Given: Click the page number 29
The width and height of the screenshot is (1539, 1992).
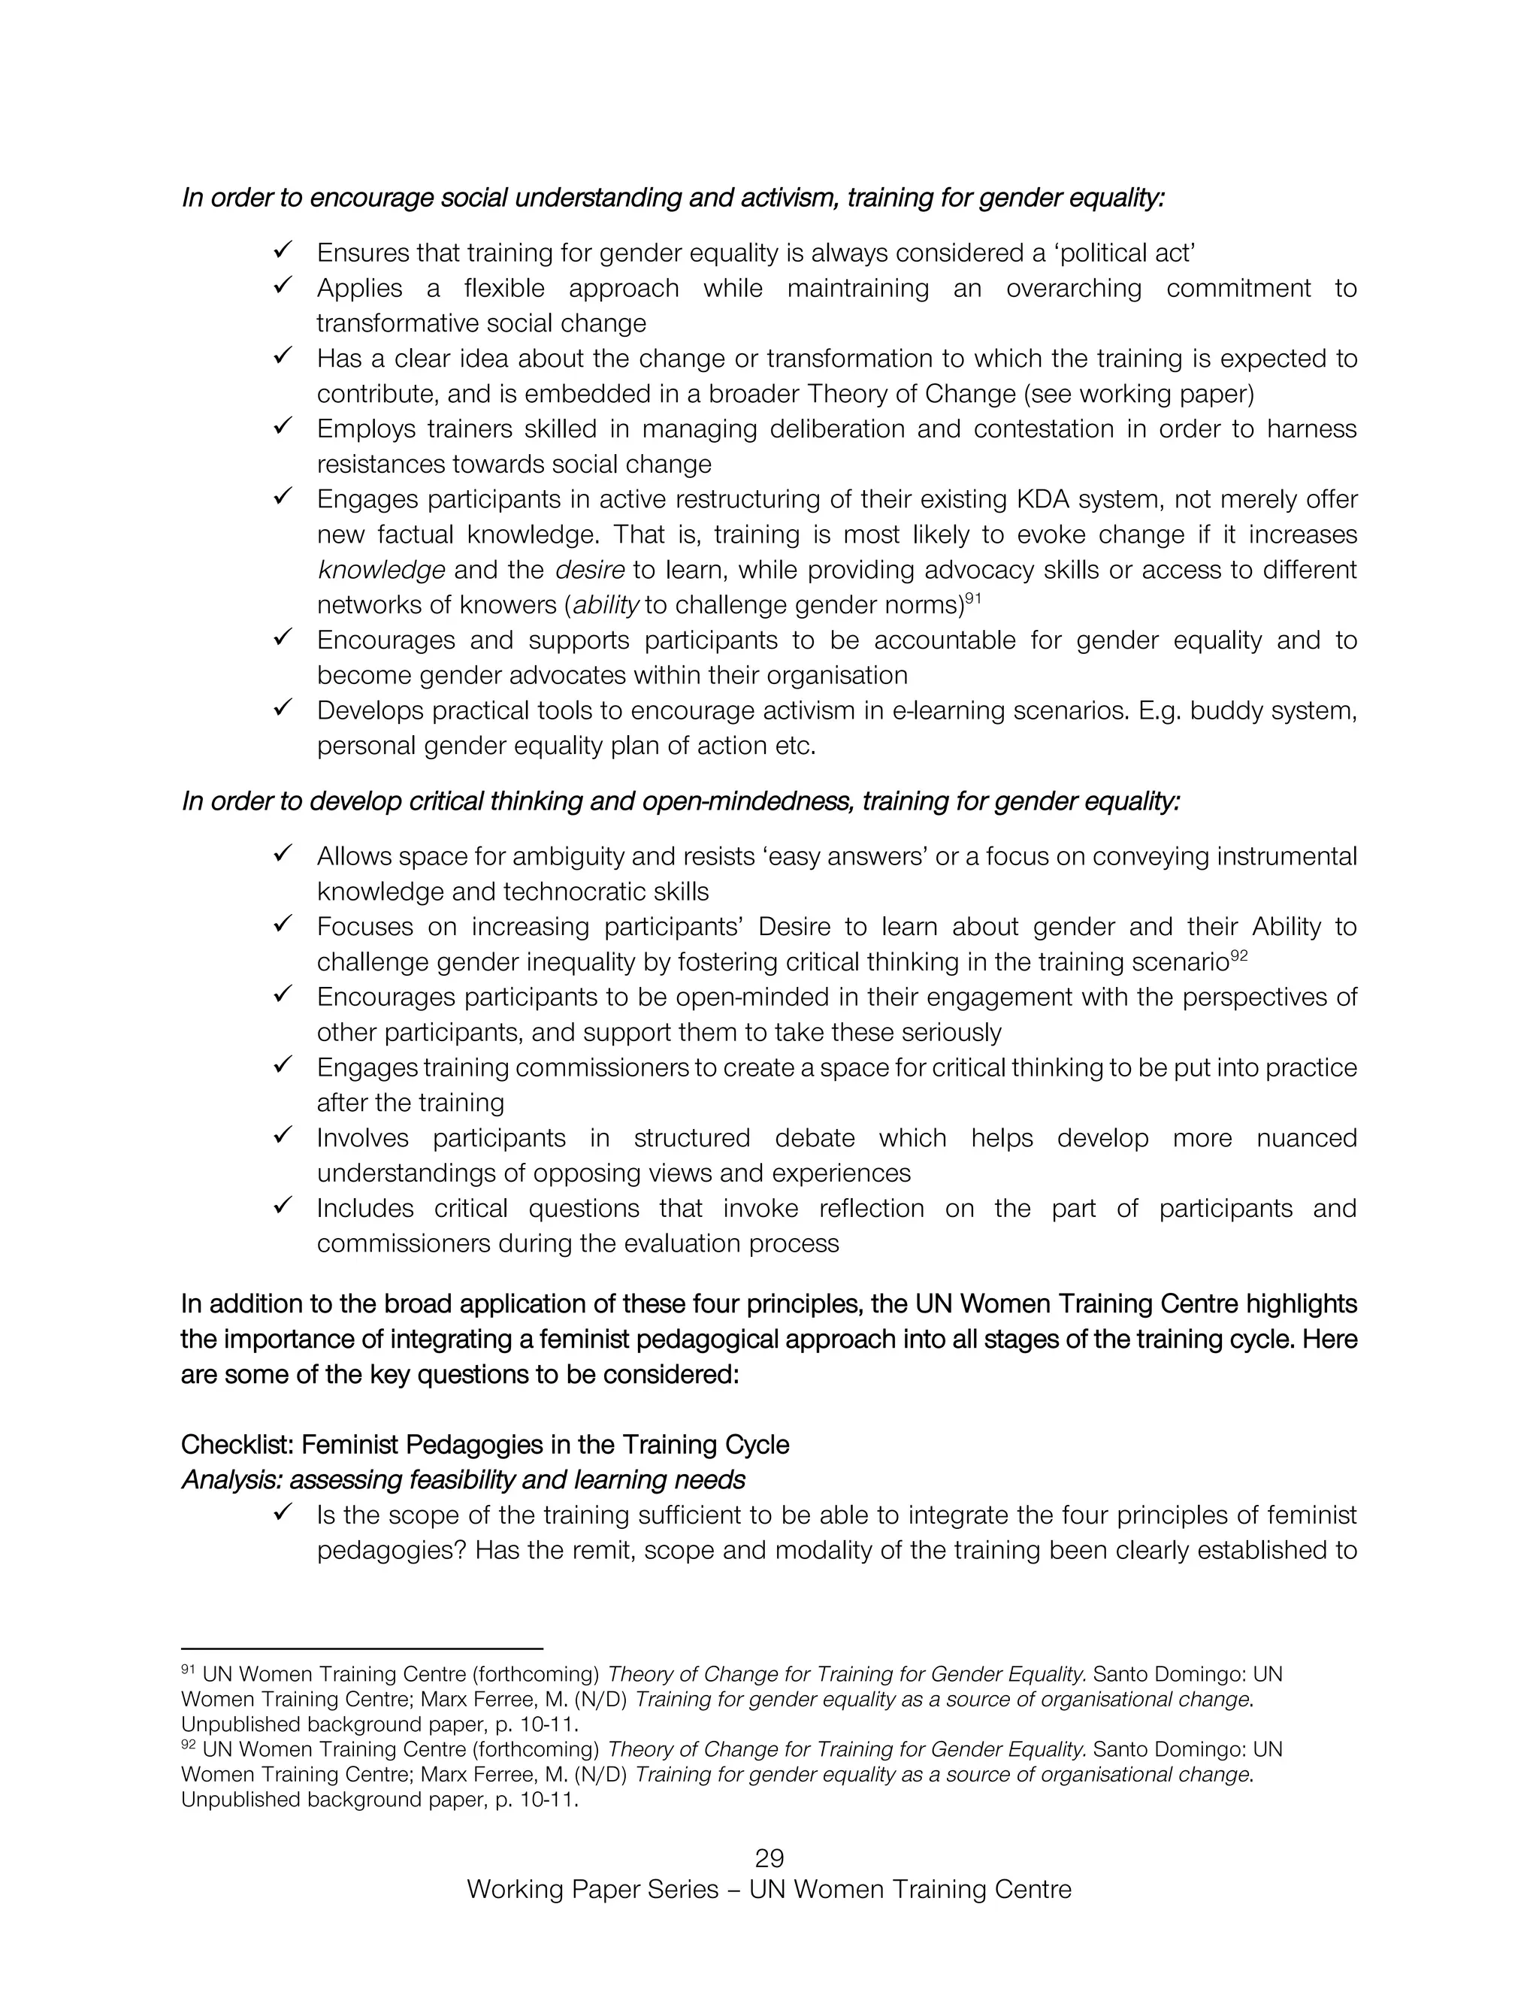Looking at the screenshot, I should [x=769, y=1858].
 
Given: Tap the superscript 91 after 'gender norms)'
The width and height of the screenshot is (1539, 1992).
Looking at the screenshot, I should [x=973, y=598].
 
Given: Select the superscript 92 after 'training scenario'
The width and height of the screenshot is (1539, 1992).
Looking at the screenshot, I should [x=1238, y=954].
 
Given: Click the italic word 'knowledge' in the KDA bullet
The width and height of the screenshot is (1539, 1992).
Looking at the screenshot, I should [x=381, y=570].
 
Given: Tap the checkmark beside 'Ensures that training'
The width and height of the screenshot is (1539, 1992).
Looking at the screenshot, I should [x=282, y=249].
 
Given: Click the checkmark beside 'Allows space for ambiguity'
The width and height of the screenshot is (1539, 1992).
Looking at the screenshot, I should [x=282, y=853].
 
